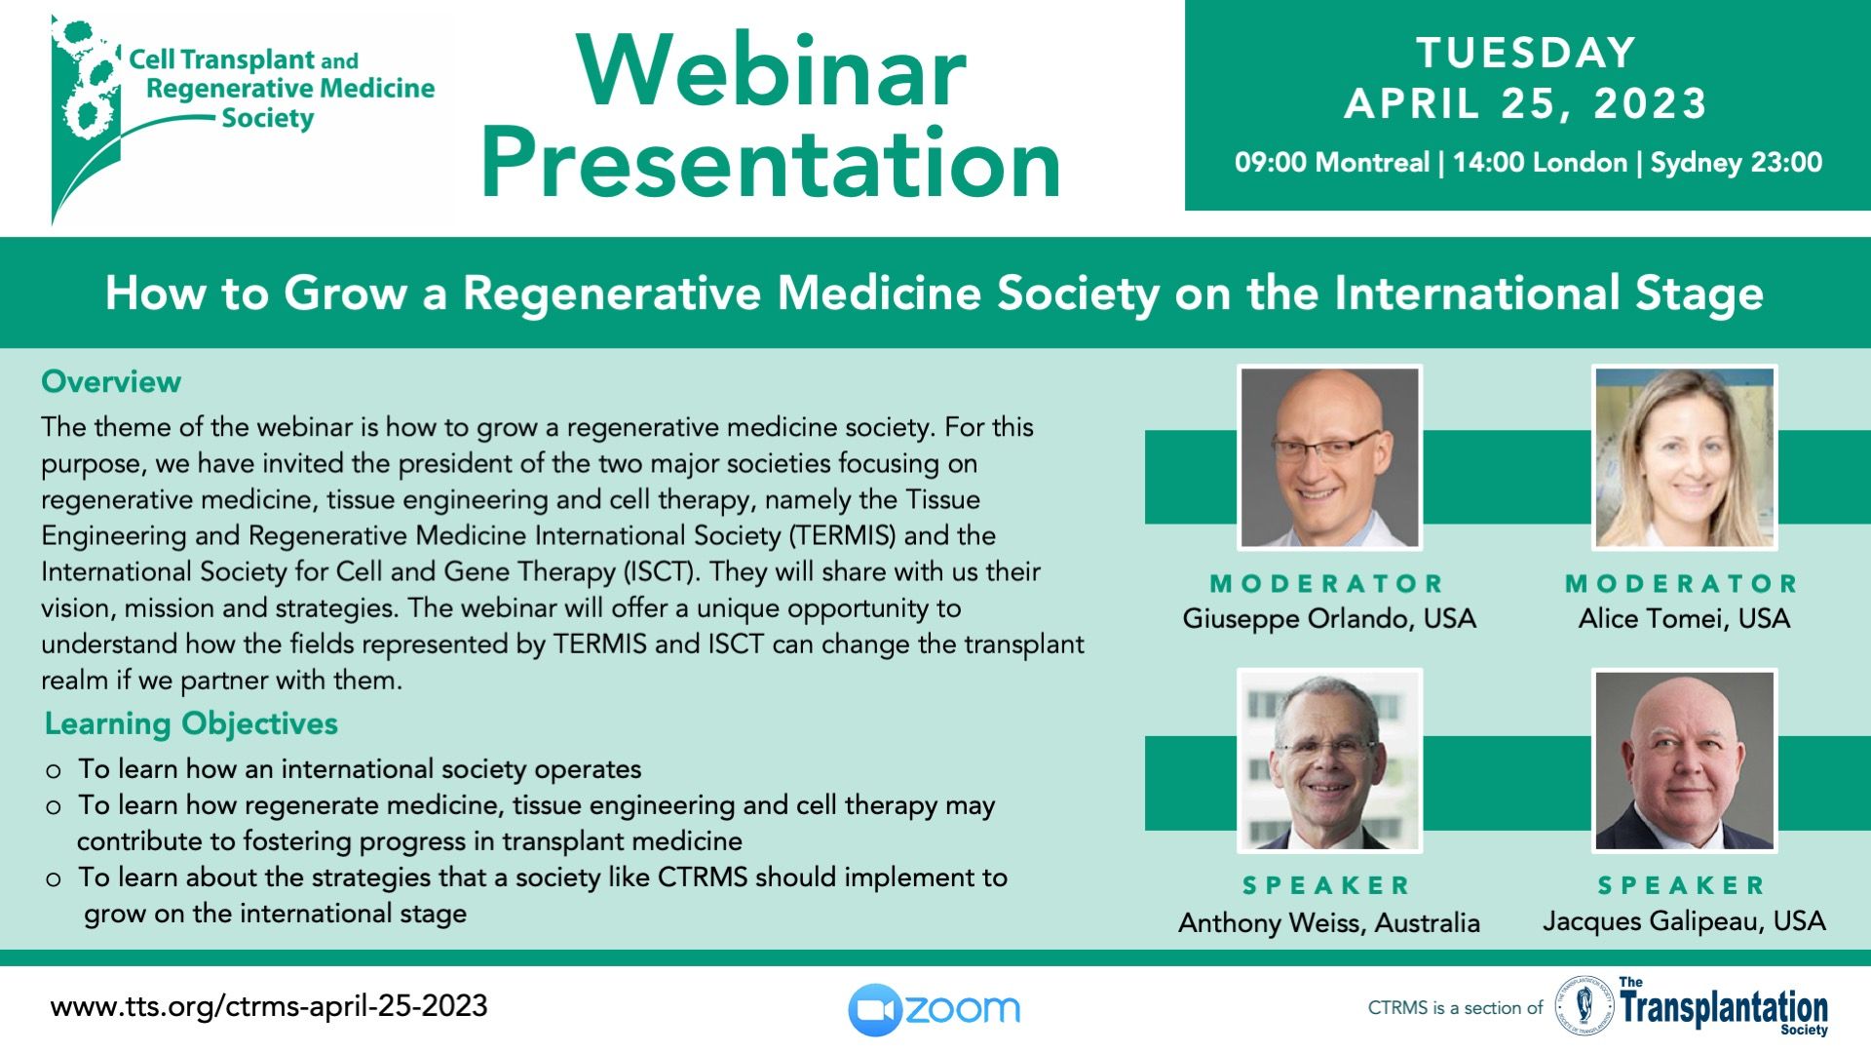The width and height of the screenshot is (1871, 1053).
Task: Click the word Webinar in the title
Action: click(x=771, y=71)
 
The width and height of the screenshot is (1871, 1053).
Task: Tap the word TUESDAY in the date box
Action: click(x=1526, y=53)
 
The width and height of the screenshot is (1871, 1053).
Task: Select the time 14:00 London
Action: click(x=1540, y=162)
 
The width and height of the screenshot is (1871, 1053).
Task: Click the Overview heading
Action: click(x=111, y=381)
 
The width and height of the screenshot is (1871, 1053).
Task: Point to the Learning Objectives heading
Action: click(x=191, y=723)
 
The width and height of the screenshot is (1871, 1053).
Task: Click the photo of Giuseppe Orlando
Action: click(x=1329, y=457)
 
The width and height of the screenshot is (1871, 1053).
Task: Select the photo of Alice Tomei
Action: click(x=1685, y=457)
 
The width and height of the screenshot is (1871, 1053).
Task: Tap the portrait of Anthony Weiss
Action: click(x=1329, y=760)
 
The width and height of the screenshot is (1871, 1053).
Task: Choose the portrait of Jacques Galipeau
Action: click(x=1685, y=760)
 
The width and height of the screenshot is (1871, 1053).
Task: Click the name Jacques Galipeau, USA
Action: click(x=1684, y=921)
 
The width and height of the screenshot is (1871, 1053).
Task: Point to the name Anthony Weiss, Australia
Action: click(x=1329, y=922)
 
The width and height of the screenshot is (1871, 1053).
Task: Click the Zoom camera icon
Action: click(x=874, y=1010)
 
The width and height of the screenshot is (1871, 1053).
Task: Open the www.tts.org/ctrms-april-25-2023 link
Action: click(x=269, y=1006)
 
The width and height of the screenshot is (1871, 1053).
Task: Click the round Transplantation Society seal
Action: click(x=1584, y=1007)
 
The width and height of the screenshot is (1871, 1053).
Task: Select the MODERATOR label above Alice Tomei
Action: click(x=1683, y=583)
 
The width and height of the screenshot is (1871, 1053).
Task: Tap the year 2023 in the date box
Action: click(x=1650, y=103)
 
